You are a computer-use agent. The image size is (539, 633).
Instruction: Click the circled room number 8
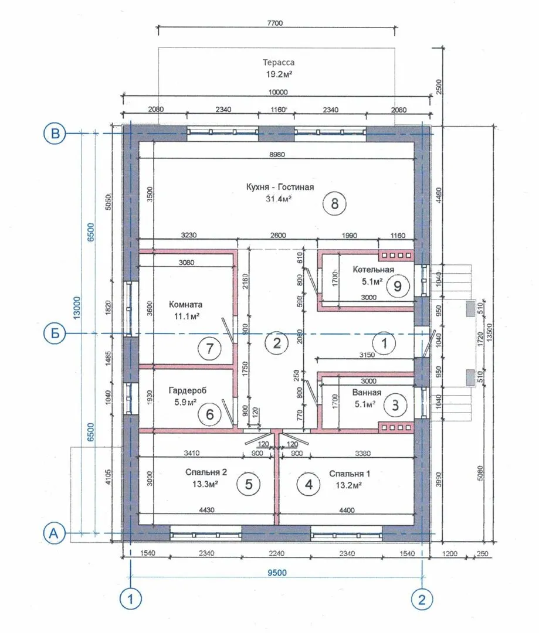click(x=334, y=203)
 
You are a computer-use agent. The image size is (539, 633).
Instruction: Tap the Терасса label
click(x=279, y=63)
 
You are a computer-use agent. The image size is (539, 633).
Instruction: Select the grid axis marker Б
click(x=55, y=333)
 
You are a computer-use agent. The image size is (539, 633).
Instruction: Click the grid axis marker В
click(x=55, y=134)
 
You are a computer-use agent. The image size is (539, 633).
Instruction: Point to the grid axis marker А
click(x=54, y=533)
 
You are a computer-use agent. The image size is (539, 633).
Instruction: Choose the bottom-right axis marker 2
click(x=422, y=599)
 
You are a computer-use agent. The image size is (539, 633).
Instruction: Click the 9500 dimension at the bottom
click(x=277, y=573)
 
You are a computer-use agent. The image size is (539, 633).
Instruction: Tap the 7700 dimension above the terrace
click(x=274, y=23)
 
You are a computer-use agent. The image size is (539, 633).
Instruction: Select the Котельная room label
click(x=373, y=269)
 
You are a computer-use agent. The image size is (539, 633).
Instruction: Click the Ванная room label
click(x=367, y=392)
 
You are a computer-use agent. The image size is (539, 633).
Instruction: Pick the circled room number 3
click(x=395, y=405)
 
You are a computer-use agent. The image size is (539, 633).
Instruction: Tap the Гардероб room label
click(x=188, y=390)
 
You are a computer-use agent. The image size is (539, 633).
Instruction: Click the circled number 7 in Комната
click(x=210, y=348)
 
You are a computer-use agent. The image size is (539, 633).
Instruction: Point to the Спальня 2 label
click(x=206, y=472)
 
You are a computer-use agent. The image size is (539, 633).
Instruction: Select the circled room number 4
click(x=309, y=484)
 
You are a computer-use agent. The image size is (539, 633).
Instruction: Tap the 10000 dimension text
click(x=278, y=92)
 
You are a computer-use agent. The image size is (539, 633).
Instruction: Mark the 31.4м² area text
click(x=279, y=199)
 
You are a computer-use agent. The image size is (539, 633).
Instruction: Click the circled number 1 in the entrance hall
click(x=384, y=343)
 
